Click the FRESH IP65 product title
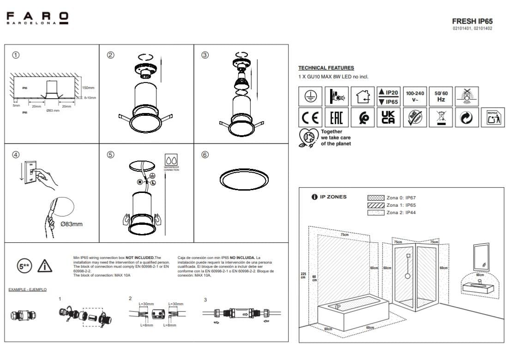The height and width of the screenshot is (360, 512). coord(472,21)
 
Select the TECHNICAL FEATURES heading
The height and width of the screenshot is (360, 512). coord(326,68)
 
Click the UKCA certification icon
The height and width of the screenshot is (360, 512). coord(388,117)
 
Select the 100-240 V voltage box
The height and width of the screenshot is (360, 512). coord(415,96)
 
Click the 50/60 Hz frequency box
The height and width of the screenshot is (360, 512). coord(440,96)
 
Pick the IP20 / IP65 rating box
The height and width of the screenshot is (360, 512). coord(388,96)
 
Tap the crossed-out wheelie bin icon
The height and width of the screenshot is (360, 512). coord(440,117)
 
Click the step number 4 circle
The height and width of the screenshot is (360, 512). coord(16,155)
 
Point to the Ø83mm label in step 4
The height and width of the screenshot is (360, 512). coord(72,224)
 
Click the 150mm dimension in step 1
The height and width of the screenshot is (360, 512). coord(88,88)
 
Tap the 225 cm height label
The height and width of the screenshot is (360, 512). coord(303,275)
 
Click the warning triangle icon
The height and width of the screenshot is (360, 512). coord(45,266)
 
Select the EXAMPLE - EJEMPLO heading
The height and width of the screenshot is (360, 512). coord(27,289)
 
